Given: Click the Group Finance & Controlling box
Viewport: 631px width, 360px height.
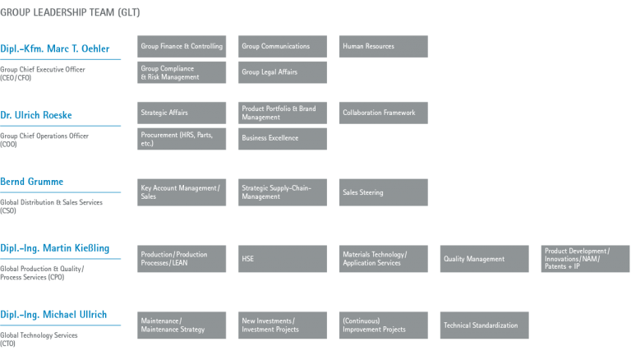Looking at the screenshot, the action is point(182,46).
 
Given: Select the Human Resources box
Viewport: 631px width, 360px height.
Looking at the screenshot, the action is point(384,46).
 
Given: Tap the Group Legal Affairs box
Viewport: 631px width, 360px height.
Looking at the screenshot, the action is point(283,72).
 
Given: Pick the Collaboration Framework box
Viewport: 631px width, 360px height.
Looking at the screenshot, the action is point(384,113).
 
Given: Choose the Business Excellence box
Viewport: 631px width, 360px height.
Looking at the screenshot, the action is point(283,139).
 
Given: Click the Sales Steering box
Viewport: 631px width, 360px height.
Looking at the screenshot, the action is point(384,192).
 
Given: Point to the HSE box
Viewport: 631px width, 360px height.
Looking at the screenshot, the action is point(283,259).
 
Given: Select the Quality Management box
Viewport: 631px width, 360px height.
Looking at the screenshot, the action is point(485,259).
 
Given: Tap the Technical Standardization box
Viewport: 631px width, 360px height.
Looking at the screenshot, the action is point(485,325).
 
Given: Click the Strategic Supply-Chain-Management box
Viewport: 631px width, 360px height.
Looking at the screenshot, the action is point(283,192).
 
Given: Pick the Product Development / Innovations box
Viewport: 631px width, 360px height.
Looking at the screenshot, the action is point(586,259).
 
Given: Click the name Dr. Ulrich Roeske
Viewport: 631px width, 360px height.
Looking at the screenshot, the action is point(36,115).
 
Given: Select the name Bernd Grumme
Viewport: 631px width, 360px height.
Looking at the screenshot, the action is point(32,182).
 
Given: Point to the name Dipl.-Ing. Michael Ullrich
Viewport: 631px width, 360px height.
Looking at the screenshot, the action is point(53,315).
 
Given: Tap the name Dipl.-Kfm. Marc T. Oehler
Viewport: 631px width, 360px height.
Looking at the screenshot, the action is point(55,48).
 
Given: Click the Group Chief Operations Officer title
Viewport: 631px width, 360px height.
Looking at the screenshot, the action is point(44,140).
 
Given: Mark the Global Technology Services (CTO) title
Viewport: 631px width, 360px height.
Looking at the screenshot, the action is point(39,339).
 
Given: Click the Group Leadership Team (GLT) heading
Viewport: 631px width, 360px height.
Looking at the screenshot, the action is point(70,12).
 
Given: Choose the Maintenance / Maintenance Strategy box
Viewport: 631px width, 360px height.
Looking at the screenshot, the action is point(182,325).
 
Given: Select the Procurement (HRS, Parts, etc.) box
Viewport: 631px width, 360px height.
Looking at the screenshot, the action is point(182,139).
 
